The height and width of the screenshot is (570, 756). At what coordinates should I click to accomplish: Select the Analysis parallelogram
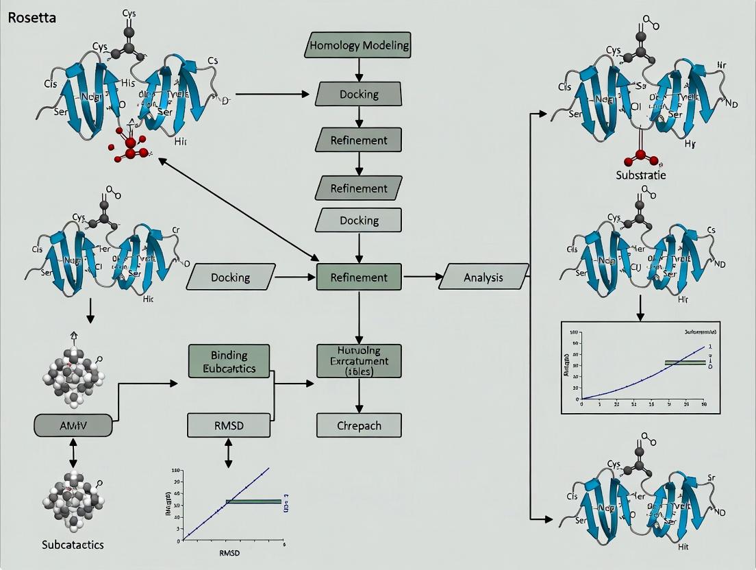(x=483, y=277)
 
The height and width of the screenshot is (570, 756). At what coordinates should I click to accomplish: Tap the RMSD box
(x=226, y=426)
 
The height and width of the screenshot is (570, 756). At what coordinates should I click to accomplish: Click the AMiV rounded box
(x=72, y=425)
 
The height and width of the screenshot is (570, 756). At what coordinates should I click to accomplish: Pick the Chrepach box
(x=359, y=425)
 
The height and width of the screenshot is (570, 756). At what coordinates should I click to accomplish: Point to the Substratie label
(x=640, y=175)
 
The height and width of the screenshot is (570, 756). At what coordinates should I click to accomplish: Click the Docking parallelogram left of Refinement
(x=230, y=277)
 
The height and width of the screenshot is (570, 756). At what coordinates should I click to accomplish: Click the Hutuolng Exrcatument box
(x=359, y=360)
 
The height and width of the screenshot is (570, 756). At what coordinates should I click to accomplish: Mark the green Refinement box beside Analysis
(x=359, y=277)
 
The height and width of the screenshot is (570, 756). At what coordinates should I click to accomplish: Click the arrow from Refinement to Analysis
(x=423, y=277)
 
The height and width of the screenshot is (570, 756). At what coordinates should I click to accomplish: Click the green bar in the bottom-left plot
(x=253, y=501)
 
